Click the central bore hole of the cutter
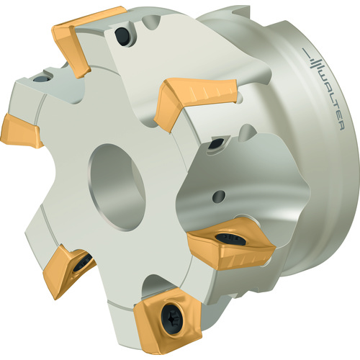point(117,187)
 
